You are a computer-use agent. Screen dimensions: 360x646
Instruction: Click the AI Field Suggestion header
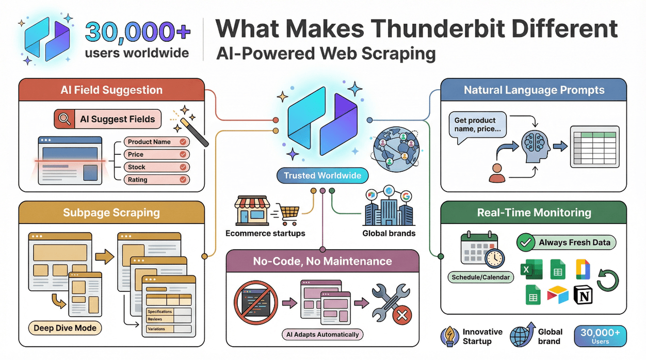tap(111, 90)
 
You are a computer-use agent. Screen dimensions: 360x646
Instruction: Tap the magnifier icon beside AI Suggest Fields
tap(64, 119)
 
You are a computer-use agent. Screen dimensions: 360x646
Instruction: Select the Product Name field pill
tap(157, 142)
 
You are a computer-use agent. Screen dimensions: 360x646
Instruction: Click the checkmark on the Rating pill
tap(183, 180)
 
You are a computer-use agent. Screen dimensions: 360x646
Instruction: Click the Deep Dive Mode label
tap(64, 328)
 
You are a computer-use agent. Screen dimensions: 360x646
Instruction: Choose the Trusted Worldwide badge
tap(322, 175)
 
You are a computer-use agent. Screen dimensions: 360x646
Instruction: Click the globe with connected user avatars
tap(397, 149)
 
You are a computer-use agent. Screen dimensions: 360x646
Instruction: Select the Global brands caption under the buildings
tap(389, 233)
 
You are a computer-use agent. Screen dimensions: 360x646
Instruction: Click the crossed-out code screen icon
tap(255, 302)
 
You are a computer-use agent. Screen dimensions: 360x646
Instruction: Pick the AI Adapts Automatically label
tap(322, 334)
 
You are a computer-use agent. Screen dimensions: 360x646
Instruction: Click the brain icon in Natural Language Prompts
tap(533, 145)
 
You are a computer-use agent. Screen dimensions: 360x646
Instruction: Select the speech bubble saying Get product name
tap(477, 126)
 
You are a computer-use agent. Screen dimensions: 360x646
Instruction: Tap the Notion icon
tap(585, 296)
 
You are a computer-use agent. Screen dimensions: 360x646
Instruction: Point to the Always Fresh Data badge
tap(566, 242)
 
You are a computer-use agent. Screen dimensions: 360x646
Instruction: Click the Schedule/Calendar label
tap(480, 277)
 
